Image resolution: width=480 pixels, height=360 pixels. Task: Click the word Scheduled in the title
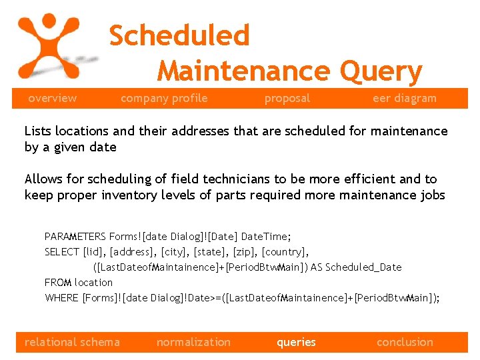179,36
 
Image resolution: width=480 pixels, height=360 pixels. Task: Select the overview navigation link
52,99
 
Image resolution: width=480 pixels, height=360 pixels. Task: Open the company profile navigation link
164,99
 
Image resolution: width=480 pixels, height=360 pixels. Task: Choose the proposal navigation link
287,99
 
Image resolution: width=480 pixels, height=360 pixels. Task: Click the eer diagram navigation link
404,99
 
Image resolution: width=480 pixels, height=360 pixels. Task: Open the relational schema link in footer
72,343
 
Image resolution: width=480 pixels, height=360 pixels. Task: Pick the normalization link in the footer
193,343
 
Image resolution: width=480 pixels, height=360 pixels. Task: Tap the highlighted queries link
296,343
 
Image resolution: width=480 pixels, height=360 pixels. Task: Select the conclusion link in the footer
405,343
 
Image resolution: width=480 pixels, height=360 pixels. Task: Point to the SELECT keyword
61,252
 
